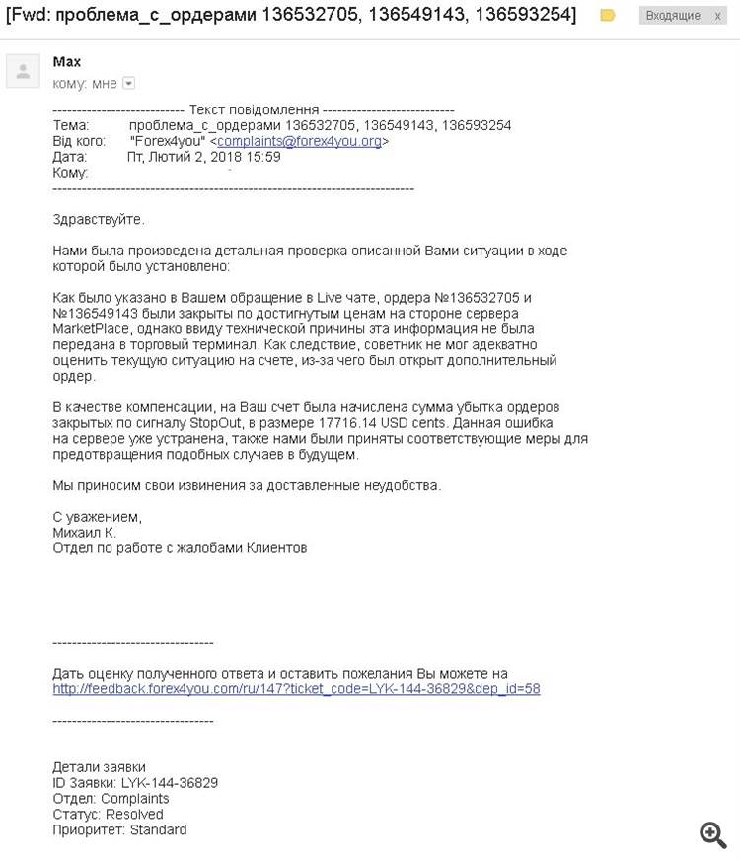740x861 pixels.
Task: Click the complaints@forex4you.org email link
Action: point(299,141)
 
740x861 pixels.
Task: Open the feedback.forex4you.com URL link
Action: point(296,689)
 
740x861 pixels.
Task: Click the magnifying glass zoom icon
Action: point(713,834)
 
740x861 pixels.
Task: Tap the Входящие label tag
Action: point(673,16)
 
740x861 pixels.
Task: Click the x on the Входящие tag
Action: point(717,16)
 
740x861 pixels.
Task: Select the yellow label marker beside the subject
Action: point(608,16)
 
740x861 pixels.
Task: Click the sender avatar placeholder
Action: point(24,71)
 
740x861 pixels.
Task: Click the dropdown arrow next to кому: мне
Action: point(128,84)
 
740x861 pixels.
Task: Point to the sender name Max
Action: point(67,62)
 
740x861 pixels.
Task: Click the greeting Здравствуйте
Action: point(99,219)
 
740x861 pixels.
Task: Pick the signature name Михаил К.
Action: point(84,532)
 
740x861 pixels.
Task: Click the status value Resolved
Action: point(134,814)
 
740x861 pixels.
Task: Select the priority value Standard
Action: point(158,829)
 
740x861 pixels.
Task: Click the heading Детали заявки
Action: point(99,767)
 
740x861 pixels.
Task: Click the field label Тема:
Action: point(70,125)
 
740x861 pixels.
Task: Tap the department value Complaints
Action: point(134,798)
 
